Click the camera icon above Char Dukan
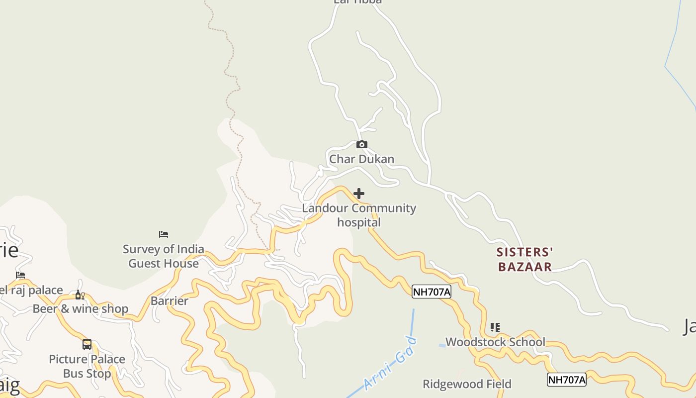coord(362,145)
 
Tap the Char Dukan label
coord(361,159)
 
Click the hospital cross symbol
coord(359,194)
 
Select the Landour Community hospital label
coord(359,215)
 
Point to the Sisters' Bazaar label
coord(525,260)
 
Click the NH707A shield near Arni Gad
coord(431,292)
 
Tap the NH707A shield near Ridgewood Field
coord(566,380)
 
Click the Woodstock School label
coord(495,342)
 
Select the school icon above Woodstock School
coord(495,327)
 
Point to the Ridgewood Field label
coord(467,384)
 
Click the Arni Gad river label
coord(390,363)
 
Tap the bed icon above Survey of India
coord(164,234)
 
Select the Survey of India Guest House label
coord(164,256)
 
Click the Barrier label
coord(169,301)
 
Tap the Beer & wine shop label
coord(81,309)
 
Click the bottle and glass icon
coord(80,295)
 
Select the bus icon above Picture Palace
coord(87,344)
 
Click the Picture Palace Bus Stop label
coord(87,366)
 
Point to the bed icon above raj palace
coord(20,275)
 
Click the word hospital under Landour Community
coord(359,222)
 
